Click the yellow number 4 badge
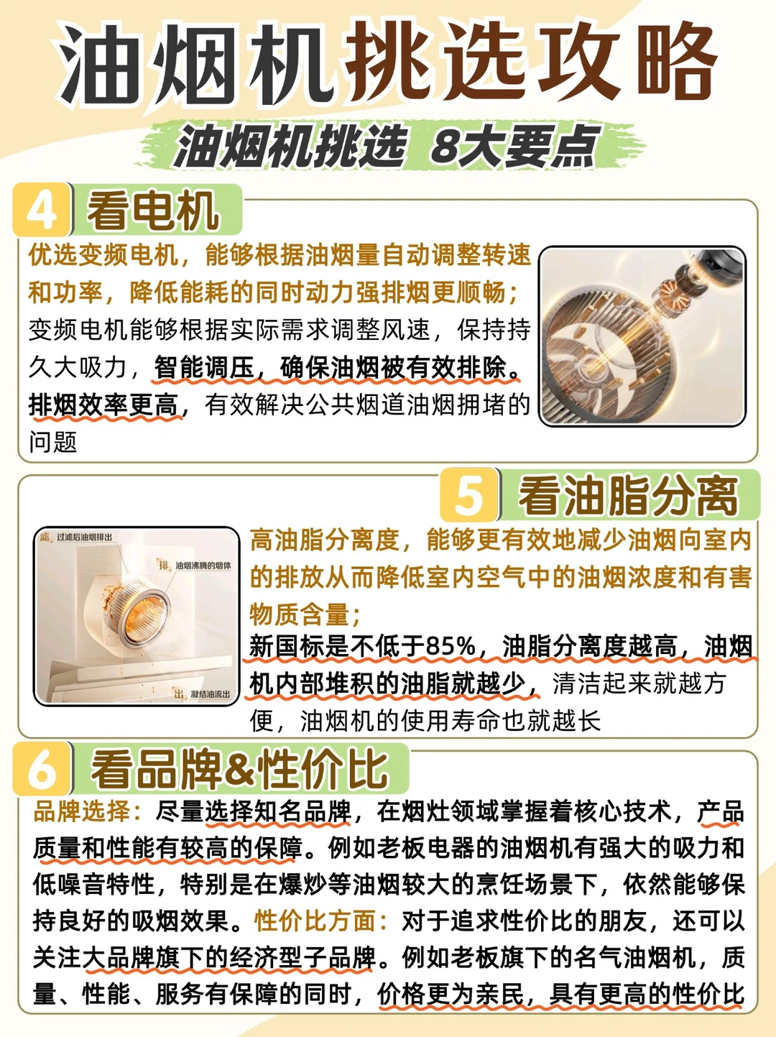(42, 209)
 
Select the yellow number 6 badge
(42, 769)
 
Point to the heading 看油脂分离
(628, 496)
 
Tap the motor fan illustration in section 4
(642, 336)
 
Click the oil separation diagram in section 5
(137, 616)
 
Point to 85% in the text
(450, 646)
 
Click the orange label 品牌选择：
(88, 811)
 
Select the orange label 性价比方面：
(322, 921)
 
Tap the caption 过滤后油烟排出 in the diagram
(85, 537)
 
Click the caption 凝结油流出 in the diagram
(211, 693)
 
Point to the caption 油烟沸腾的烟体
(203, 566)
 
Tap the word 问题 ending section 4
(53, 442)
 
